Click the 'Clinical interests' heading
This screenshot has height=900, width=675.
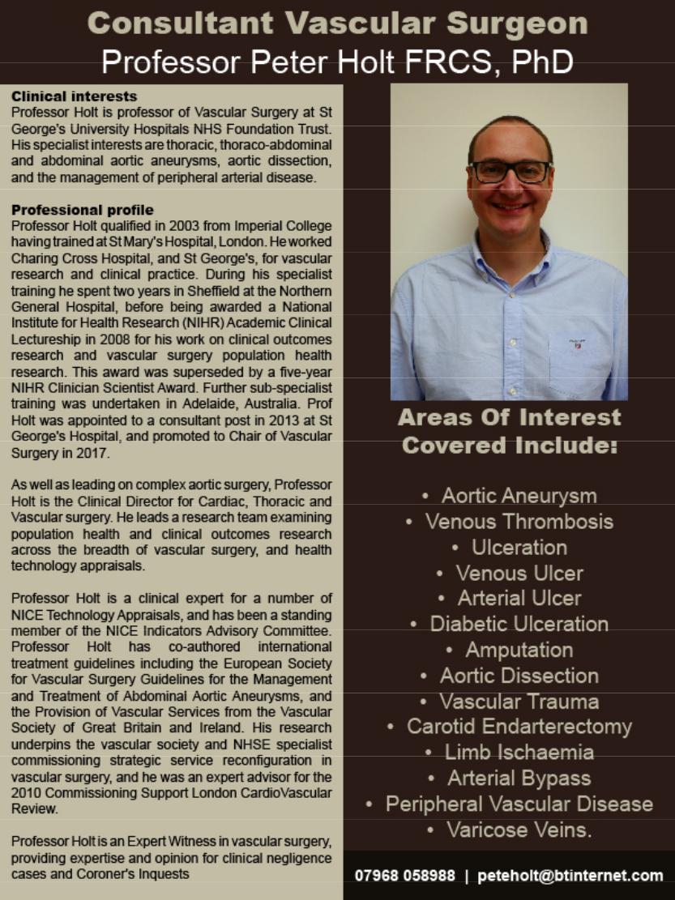tap(74, 96)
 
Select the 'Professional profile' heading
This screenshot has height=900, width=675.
tap(82, 210)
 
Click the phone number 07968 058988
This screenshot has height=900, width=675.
tap(404, 876)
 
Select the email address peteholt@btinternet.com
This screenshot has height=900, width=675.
tap(570, 876)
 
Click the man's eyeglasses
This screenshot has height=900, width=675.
tap(510, 171)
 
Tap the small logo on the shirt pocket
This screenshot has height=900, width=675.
tap(578, 343)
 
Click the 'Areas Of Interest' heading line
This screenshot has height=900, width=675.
tap(509, 418)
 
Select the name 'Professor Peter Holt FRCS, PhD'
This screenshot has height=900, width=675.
tap(337, 62)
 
